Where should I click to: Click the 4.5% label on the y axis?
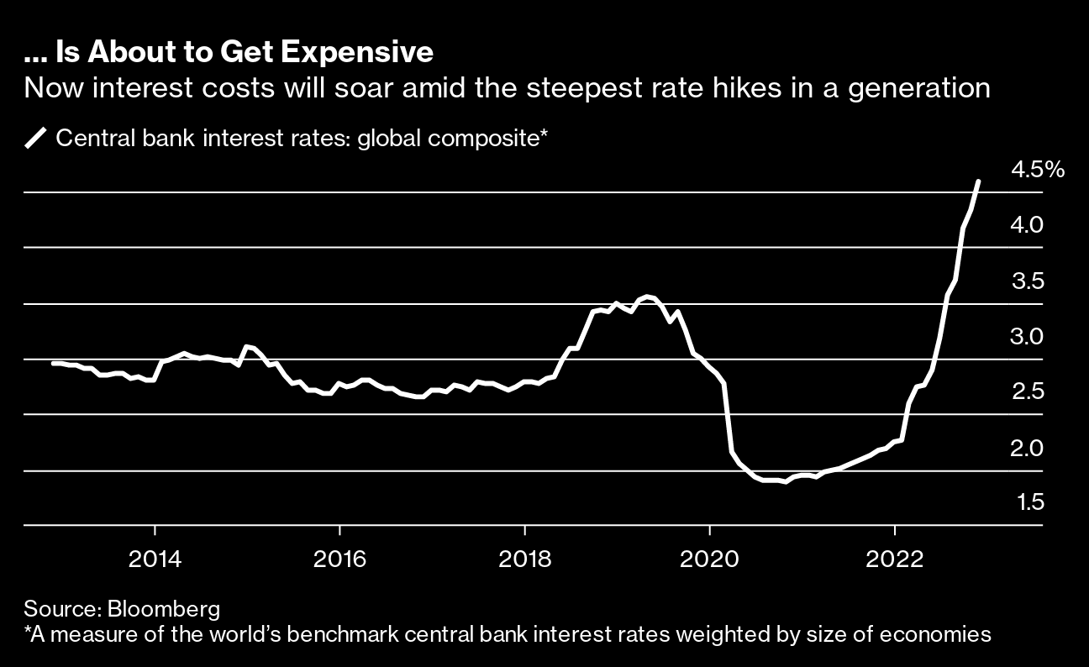coord(1038,170)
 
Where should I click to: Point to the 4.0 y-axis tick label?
coord(1027,225)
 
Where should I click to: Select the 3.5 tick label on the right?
coord(1027,281)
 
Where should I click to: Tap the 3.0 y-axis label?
coord(1027,337)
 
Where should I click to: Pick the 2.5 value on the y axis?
coord(1027,392)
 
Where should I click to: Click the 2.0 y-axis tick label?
coord(1027,448)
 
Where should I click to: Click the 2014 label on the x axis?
coord(155,559)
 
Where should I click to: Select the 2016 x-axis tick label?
coord(339,559)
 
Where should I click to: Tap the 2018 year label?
coord(524,559)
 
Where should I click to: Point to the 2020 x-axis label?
coord(709,559)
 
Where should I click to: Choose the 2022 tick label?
coord(895,559)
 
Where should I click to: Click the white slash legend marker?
coord(37,138)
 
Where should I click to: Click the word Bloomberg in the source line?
coord(174,608)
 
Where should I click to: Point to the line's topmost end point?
coord(978,181)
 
